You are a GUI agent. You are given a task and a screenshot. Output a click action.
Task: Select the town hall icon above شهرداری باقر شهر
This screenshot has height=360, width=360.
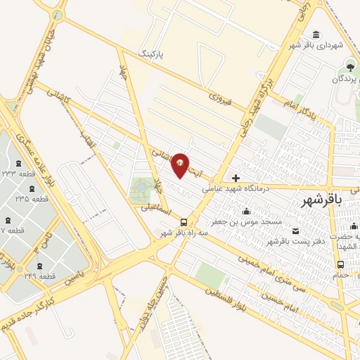[316, 34]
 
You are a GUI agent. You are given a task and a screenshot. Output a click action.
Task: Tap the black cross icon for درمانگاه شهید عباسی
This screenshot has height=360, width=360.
[236, 178]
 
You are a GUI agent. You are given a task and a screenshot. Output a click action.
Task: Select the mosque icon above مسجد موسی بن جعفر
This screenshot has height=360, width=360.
[246, 212]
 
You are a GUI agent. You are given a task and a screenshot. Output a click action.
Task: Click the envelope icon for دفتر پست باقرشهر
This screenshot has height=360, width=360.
[295, 231]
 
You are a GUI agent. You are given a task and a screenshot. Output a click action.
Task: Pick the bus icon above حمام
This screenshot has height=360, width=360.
[341, 264]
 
